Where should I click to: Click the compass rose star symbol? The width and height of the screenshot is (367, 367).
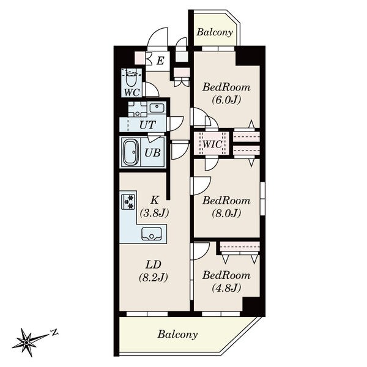coord(27,343)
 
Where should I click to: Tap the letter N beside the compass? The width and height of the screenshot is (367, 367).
coord(54,332)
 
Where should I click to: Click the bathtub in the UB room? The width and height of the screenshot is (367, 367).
coord(131,152)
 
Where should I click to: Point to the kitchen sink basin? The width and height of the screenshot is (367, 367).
coord(152,234)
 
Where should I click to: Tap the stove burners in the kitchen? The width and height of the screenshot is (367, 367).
coord(128,201)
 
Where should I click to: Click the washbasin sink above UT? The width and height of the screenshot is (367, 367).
coord(157,108)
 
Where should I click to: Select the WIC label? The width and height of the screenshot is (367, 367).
coord(212,144)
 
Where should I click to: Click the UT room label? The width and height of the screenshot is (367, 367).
coord(147,125)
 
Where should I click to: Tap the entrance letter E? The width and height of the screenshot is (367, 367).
coord(160,61)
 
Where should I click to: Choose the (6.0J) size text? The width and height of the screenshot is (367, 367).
coord(226,100)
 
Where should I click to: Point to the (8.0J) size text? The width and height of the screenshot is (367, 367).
coord(226,213)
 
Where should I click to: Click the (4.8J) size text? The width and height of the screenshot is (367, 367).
coord(226,287)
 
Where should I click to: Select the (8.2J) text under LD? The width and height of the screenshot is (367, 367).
coord(154,278)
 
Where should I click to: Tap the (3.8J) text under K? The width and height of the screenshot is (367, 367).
coord(154,213)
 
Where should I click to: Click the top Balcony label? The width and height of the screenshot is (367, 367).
coord(215,32)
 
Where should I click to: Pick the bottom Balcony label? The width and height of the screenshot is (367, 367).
coord(177,334)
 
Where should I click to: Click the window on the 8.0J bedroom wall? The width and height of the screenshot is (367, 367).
coord(262,198)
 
